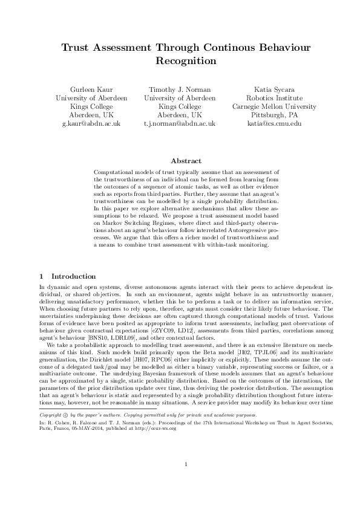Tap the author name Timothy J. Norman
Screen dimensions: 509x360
point(180,88)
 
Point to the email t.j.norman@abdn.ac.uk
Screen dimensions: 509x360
point(180,123)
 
